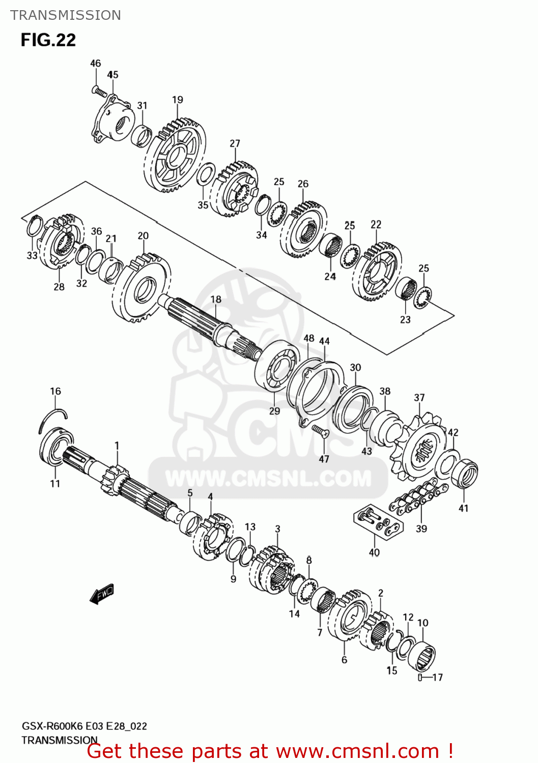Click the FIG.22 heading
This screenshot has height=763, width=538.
[48, 40]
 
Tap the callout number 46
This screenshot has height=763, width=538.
[96, 63]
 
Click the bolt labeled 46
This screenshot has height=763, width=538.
[99, 92]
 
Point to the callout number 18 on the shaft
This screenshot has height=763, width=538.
[216, 299]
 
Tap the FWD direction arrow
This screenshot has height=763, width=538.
[102, 594]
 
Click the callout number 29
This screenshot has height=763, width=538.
[274, 410]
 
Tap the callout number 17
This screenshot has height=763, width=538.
[437, 677]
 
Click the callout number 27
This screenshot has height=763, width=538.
[235, 143]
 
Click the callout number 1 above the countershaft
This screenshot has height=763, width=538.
[117, 446]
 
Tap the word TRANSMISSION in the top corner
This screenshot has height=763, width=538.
[66, 15]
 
